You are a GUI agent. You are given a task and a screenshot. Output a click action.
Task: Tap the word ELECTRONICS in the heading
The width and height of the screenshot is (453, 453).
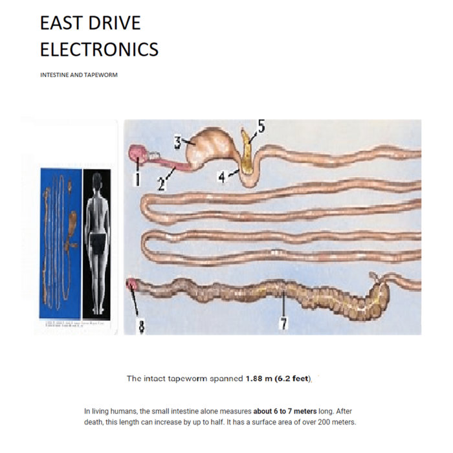pyautogui.click(x=99, y=49)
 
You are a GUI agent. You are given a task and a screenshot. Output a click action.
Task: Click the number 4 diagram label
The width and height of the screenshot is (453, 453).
pyautogui.click(x=222, y=177)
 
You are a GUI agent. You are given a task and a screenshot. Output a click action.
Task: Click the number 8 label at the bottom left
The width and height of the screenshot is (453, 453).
pyautogui.click(x=142, y=326)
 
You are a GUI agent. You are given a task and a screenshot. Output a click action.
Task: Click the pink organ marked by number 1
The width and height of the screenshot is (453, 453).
pyautogui.click(x=138, y=153)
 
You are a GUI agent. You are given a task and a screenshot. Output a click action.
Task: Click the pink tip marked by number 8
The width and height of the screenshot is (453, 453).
pyautogui.click(x=131, y=284)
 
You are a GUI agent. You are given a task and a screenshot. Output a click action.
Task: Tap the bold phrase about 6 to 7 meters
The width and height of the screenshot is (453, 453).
pyautogui.click(x=285, y=412)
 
